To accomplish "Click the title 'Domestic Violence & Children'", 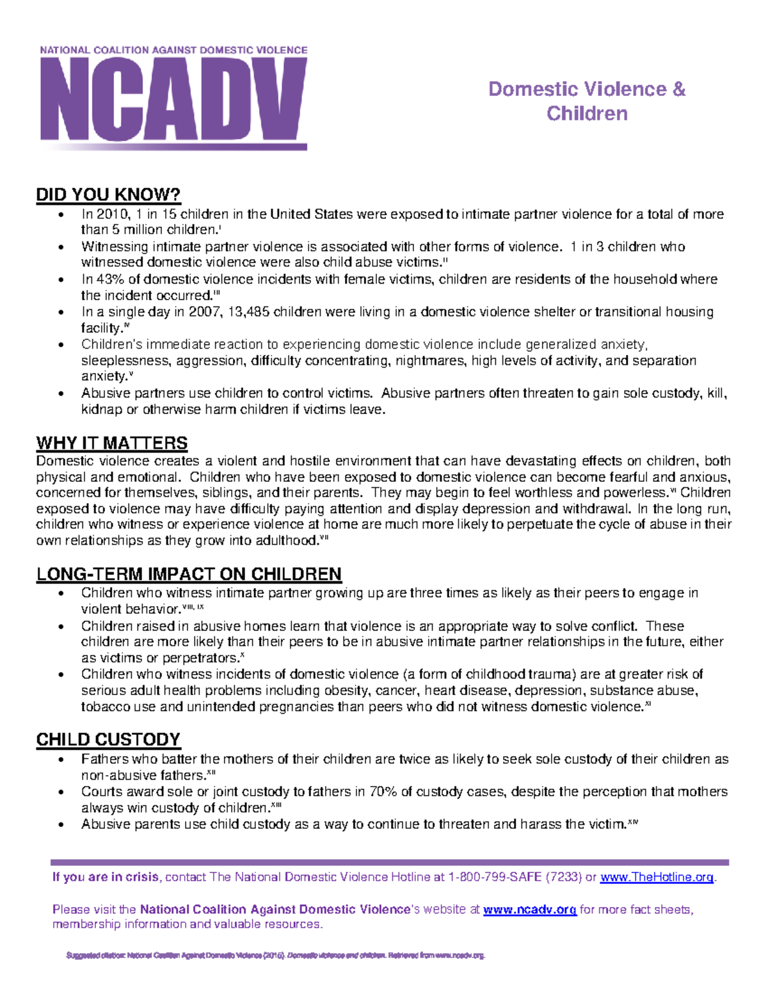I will (x=586, y=101).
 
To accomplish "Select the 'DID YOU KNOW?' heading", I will (x=108, y=195).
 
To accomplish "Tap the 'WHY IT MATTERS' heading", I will (x=112, y=443).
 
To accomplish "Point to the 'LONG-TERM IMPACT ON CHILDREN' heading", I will (x=189, y=573).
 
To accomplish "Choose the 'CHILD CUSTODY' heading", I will (x=108, y=739).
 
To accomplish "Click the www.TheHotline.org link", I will (x=656, y=877).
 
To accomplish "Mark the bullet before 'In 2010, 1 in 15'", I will (x=61, y=214).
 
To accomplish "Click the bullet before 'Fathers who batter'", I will (x=61, y=760).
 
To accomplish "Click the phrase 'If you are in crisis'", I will (x=106, y=877).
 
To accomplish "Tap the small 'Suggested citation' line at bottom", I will (x=275, y=956).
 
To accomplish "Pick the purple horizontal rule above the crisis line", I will (x=389, y=862).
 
